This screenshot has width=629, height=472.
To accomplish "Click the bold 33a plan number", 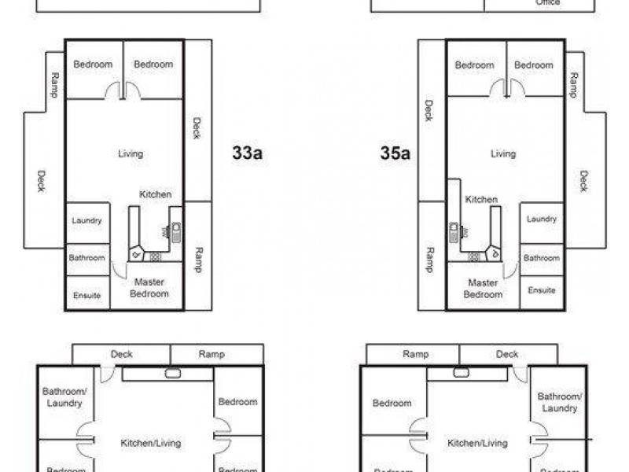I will coord(247,153).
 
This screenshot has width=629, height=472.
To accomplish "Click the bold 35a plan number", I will coord(395,153).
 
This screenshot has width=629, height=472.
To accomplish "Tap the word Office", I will coord(547,3).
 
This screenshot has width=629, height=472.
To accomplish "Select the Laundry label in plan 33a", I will coord(86,221).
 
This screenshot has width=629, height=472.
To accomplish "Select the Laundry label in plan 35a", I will coord(542,219).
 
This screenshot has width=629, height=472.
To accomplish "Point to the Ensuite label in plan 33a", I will coord(86,295).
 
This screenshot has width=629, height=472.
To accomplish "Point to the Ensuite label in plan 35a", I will coord(542,290).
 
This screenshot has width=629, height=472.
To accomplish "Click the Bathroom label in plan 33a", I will coord(86,257).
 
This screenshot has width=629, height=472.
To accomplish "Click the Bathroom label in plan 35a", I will coord(542,258).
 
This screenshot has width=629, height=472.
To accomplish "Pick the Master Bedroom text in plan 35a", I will coord(483,288).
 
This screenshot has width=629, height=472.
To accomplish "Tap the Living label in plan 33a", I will coord(131,153).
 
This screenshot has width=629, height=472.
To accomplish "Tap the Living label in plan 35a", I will coord(503,153).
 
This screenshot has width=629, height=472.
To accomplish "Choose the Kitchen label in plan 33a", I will coord(156,194).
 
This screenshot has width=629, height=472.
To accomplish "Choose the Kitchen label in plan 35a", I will coord(481,200).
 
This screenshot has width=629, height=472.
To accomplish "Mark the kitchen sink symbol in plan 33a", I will coord(176,231).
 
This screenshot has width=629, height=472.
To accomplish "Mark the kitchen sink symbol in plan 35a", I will coord(454,232).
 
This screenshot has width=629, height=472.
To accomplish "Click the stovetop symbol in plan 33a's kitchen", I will coord(156,256).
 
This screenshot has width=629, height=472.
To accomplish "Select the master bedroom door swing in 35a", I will coord(510,270).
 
